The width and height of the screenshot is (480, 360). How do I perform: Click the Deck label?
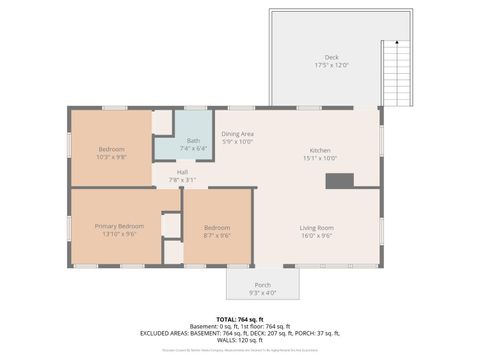pos(331,57)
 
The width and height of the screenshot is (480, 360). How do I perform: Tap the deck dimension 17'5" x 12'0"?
pos(331,65)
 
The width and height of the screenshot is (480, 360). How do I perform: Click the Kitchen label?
pos(320,149)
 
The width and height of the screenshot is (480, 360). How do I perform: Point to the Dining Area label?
pos(237,133)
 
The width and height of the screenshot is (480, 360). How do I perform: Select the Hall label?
pos(182,172)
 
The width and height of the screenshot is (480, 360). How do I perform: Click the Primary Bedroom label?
pos(119,226)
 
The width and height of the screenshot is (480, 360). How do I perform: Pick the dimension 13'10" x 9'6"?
pos(119,235)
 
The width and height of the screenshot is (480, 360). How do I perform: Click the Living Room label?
pos(317,227)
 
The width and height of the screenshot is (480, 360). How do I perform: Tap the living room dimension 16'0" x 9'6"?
pos(317,236)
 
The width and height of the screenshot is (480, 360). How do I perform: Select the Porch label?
pos(262,285)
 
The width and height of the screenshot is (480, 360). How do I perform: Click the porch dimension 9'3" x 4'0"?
pos(262,293)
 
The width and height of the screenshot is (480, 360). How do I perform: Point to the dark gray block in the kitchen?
pos(340,181)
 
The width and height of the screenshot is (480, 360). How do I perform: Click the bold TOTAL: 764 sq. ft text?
pos(240,317)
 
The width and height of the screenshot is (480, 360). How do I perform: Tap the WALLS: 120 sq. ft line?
pos(240,341)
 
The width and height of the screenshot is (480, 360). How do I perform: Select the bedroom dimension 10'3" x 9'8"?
pos(111,157)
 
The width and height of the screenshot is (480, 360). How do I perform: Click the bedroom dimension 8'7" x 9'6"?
pos(217,236)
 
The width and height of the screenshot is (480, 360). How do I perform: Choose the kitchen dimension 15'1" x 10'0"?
pos(320,157)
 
